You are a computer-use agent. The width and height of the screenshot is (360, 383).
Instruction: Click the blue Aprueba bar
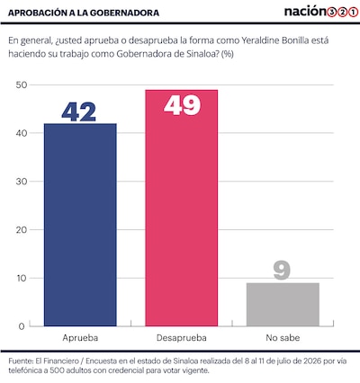click(x=80, y=225)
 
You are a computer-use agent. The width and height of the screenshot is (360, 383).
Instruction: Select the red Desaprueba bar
click(x=182, y=208)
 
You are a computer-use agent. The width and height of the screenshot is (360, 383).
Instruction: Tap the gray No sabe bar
click(x=283, y=305)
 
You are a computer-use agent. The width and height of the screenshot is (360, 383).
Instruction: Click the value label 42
click(x=79, y=112)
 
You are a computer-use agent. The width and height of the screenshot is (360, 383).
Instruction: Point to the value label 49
click(x=182, y=105)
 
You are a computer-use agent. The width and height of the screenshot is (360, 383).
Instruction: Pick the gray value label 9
click(x=282, y=271)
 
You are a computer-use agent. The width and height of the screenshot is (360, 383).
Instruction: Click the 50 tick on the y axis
click(x=22, y=85)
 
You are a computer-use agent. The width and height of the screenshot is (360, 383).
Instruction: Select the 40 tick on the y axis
click(x=22, y=133)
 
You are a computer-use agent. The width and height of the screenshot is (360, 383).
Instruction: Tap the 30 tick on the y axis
click(x=22, y=182)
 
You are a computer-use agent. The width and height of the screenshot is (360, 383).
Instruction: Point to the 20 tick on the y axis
click(x=22, y=230)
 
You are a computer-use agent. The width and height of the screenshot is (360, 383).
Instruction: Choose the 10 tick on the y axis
click(x=22, y=278)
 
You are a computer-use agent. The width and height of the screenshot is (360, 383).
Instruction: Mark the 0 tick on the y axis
click(x=22, y=326)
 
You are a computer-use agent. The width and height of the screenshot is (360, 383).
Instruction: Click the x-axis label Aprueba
click(x=80, y=338)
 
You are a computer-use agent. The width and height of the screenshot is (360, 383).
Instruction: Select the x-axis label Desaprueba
click(x=182, y=338)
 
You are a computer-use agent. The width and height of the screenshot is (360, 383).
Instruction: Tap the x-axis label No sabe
click(x=283, y=338)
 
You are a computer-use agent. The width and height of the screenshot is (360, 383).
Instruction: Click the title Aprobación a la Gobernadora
click(x=84, y=13)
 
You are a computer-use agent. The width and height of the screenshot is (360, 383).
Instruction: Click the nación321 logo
click(x=321, y=12)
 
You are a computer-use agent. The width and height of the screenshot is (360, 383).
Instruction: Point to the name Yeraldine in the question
click(x=260, y=40)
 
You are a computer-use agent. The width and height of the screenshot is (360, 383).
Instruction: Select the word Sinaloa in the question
click(x=202, y=54)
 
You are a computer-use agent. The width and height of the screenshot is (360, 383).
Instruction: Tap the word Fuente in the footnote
click(x=21, y=361)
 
